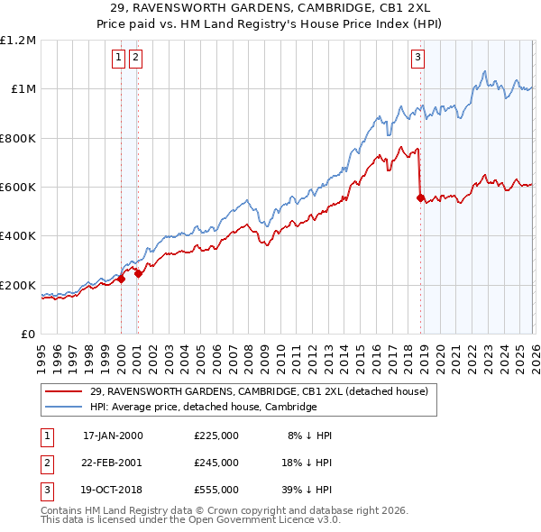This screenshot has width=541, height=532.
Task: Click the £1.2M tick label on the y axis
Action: pos(18,41)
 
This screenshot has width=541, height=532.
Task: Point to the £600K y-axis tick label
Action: pos(18,188)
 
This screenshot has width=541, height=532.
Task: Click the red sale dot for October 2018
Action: pos(420,198)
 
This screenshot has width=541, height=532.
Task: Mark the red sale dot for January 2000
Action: pos(121,280)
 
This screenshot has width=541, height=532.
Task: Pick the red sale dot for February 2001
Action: pos(138,274)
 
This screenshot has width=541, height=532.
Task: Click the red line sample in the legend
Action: pos(65,391)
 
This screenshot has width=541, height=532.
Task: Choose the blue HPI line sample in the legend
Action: pos(65,407)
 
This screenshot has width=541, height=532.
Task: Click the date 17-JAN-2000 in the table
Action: pos(112,435)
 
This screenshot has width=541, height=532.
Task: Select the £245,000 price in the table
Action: pos(215,462)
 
